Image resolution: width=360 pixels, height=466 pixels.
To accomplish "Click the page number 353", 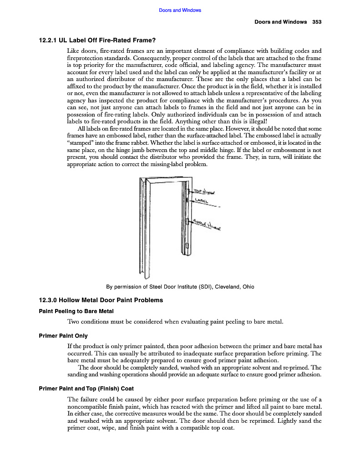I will tap(317, 22).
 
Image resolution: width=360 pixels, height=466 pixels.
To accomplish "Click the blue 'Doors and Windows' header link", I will tap(180, 10).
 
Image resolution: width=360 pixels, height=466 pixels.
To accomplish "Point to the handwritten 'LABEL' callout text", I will tap(202, 201).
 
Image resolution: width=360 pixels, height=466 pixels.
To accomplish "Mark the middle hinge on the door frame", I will tap(188, 221).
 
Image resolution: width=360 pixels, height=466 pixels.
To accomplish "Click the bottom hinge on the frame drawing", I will tap(188, 246).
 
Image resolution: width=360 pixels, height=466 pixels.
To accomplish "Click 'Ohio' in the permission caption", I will tap(248, 287).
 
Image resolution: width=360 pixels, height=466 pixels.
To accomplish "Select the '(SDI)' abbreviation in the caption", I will tap(204, 287).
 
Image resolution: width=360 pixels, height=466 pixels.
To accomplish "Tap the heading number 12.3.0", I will tap(48, 300).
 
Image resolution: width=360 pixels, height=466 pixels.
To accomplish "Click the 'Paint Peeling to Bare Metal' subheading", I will tap(76, 311).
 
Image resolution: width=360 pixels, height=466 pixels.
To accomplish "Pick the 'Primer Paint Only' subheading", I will tap(63, 336).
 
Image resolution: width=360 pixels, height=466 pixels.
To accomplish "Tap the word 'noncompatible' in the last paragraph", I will tap(87, 406).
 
